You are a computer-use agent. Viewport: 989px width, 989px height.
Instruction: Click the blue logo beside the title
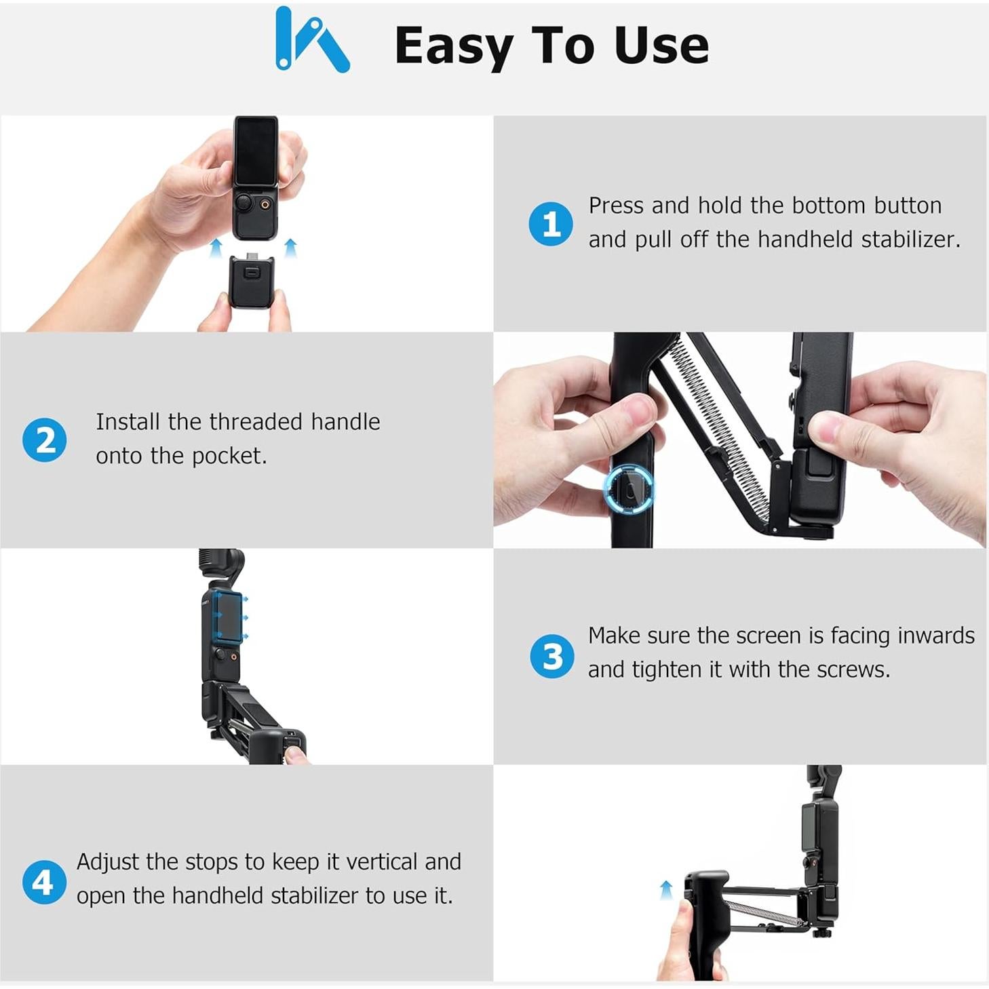pyautogui.click(x=312, y=41)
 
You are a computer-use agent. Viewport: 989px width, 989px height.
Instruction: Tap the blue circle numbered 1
pyautogui.click(x=550, y=223)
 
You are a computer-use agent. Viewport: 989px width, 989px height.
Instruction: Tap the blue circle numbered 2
pyautogui.click(x=45, y=440)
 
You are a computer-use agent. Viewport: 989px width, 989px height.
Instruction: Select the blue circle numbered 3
pyautogui.click(x=552, y=656)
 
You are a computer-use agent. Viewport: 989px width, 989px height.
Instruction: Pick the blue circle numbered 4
pyautogui.click(x=43, y=882)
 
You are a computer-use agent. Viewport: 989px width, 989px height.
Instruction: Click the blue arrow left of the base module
pyautogui.click(x=216, y=248)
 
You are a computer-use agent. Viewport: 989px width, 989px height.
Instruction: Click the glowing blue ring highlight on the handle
pyautogui.click(x=629, y=490)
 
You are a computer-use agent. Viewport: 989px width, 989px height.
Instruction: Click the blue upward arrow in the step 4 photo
pyautogui.click(x=666, y=889)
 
